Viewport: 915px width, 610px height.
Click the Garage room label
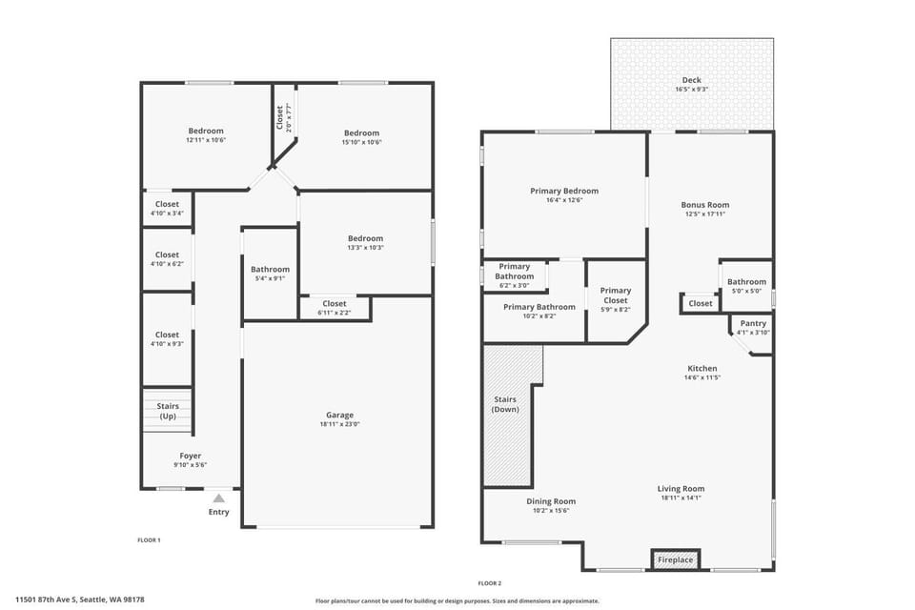coord(339,415)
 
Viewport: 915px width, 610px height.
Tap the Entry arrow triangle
coord(218,498)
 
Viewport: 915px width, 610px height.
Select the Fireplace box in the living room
coord(675,559)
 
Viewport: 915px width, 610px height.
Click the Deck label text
coord(691,80)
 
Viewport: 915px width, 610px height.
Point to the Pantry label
coord(753,324)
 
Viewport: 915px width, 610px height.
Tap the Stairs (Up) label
coord(167,411)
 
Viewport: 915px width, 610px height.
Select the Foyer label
coord(190,456)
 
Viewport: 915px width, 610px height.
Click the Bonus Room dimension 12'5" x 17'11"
coord(705,214)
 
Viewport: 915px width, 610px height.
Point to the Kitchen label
coord(702,368)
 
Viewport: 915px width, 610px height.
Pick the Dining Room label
coord(551,501)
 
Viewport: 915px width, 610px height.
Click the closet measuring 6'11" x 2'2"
coord(335,308)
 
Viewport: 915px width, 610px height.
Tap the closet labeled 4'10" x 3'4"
coord(167,209)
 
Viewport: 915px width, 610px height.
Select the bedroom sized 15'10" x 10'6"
coord(361,137)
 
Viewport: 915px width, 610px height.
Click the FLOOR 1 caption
coord(149,540)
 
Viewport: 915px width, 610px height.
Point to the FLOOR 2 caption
coord(489,582)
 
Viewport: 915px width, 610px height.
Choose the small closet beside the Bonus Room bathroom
coord(701,303)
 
